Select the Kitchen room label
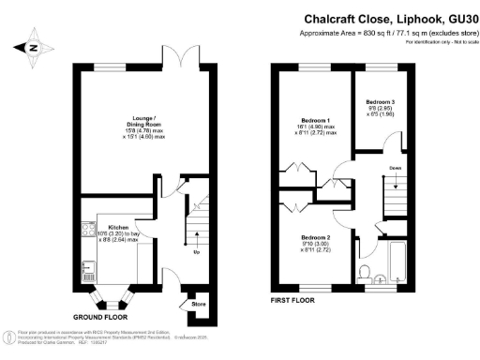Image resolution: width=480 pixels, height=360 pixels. pos(117,229)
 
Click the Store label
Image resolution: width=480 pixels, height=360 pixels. pos(198,304)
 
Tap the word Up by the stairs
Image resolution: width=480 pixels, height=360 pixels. pos(196,252)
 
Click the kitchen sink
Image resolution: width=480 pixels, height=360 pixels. pos(87,271)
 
